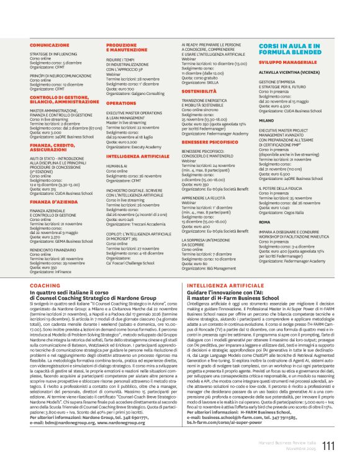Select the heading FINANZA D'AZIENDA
[x=53, y=202]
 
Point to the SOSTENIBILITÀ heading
[x=199, y=91]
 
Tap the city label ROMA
[x=265, y=221]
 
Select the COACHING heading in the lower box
[x=45, y=285]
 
